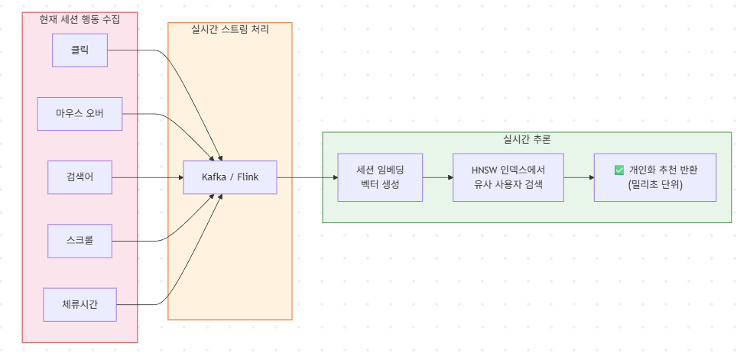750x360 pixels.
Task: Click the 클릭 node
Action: (x=80, y=50)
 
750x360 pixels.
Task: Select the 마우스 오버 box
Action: (x=80, y=115)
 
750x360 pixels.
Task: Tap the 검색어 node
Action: (x=80, y=177)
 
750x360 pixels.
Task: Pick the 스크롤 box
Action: (x=80, y=242)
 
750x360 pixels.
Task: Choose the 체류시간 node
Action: (x=80, y=305)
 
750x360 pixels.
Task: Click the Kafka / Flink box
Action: (x=229, y=177)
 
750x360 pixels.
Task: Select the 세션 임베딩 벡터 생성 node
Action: (x=380, y=177)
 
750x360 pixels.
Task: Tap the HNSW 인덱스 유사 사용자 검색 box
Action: (x=508, y=177)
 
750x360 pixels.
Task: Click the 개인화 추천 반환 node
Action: (x=655, y=177)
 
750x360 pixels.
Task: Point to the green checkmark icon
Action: (x=619, y=170)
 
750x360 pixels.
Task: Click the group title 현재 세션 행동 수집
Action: (x=80, y=18)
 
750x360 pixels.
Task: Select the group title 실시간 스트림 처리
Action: (x=229, y=29)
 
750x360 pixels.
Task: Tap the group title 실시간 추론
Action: (x=527, y=139)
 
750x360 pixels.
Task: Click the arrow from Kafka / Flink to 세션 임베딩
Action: (x=306, y=177)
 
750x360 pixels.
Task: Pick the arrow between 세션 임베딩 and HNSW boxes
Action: (x=437, y=177)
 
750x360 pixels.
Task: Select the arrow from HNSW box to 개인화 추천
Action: (x=579, y=177)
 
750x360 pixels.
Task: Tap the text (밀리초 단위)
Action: (x=655, y=186)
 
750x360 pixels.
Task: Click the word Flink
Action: (x=246, y=177)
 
